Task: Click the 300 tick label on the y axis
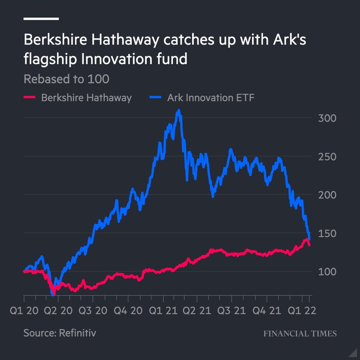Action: (x=327, y=118)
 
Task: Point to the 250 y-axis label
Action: (x=327, y=157)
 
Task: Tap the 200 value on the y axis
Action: (x=327, y=195)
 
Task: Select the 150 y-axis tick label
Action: (x=327, y=233)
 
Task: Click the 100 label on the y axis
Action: (x=327, y=272)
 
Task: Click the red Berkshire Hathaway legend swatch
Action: (x=30, y=97)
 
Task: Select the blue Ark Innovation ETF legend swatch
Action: (x=156, y=97)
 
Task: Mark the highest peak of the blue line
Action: (x=179, y=111)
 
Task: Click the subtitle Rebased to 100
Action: (x=66, y=79)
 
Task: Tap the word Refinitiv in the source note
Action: (x=78, y=334)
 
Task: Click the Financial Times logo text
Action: (x=300, y=334)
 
